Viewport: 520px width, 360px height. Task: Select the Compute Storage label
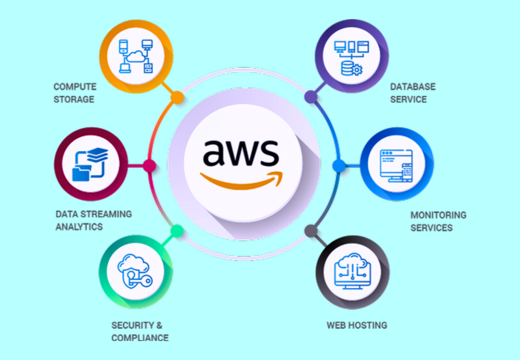tap(74, 93)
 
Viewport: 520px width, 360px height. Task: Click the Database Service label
tap(413, 93)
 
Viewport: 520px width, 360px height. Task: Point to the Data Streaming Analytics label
tap(94, 220)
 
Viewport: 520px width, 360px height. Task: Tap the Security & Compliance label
tap(140, 331)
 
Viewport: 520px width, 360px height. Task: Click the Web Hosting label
tap(357, 325)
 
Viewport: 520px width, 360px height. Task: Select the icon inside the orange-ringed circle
tap(136, 56)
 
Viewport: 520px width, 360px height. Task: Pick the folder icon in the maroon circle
tap(91, 164)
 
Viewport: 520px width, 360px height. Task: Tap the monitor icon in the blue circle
tap(396, 165)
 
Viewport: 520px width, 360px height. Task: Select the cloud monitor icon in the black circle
tap(352, 272)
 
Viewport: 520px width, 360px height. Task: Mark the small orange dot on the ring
tap(177, 97)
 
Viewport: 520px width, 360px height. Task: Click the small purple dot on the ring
tap(311, 97)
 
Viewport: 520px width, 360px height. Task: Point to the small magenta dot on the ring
tap(149, 165)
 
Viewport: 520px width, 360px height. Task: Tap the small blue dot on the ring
tap(339, 165)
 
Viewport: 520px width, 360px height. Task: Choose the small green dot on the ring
tap(177, 231)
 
